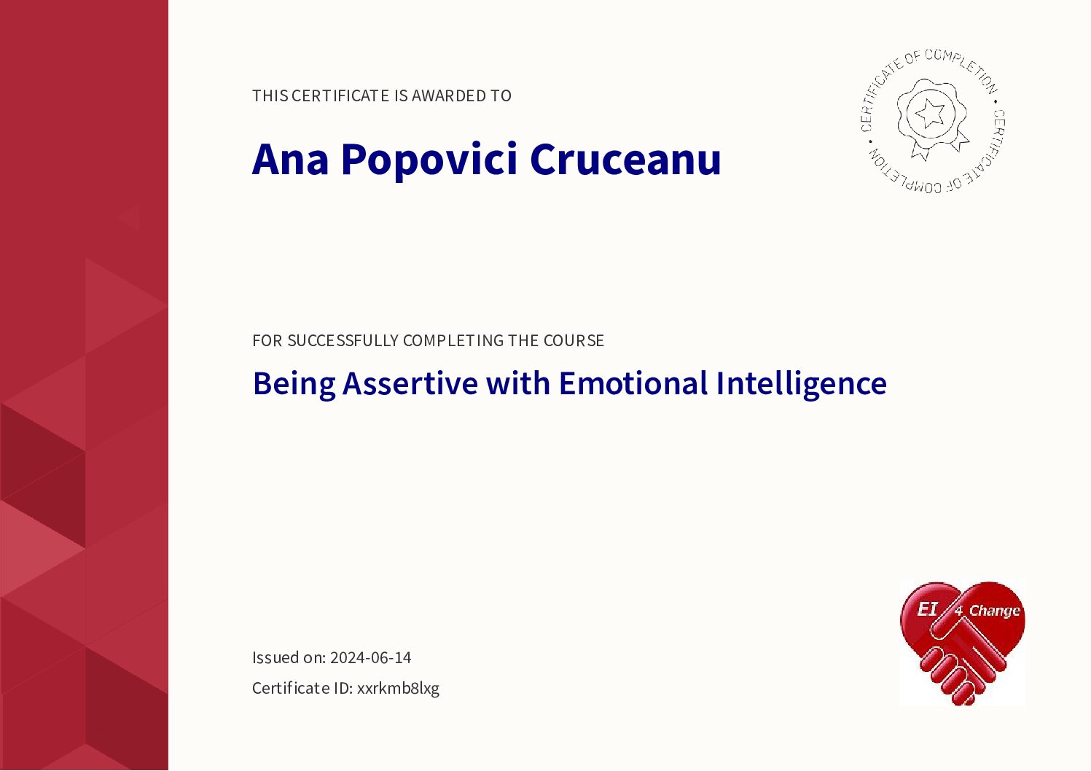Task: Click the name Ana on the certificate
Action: pos(290,159)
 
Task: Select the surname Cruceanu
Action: pos(625,159)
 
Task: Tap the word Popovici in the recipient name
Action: pos(429,162)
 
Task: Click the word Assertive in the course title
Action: pos(410,383)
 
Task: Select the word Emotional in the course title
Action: pos(633,383)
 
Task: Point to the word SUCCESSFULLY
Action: pos(343,340)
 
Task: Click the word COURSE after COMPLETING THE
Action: pos(574,340)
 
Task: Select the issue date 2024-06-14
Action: pos(371,657)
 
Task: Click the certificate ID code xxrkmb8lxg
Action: pos(398,688)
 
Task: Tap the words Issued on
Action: pos(289,657)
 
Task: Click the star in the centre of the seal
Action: pos(930,112)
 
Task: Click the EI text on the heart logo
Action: pos(927,608)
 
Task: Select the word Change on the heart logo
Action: pos(994,611)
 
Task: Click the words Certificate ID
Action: pos(302,688)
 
